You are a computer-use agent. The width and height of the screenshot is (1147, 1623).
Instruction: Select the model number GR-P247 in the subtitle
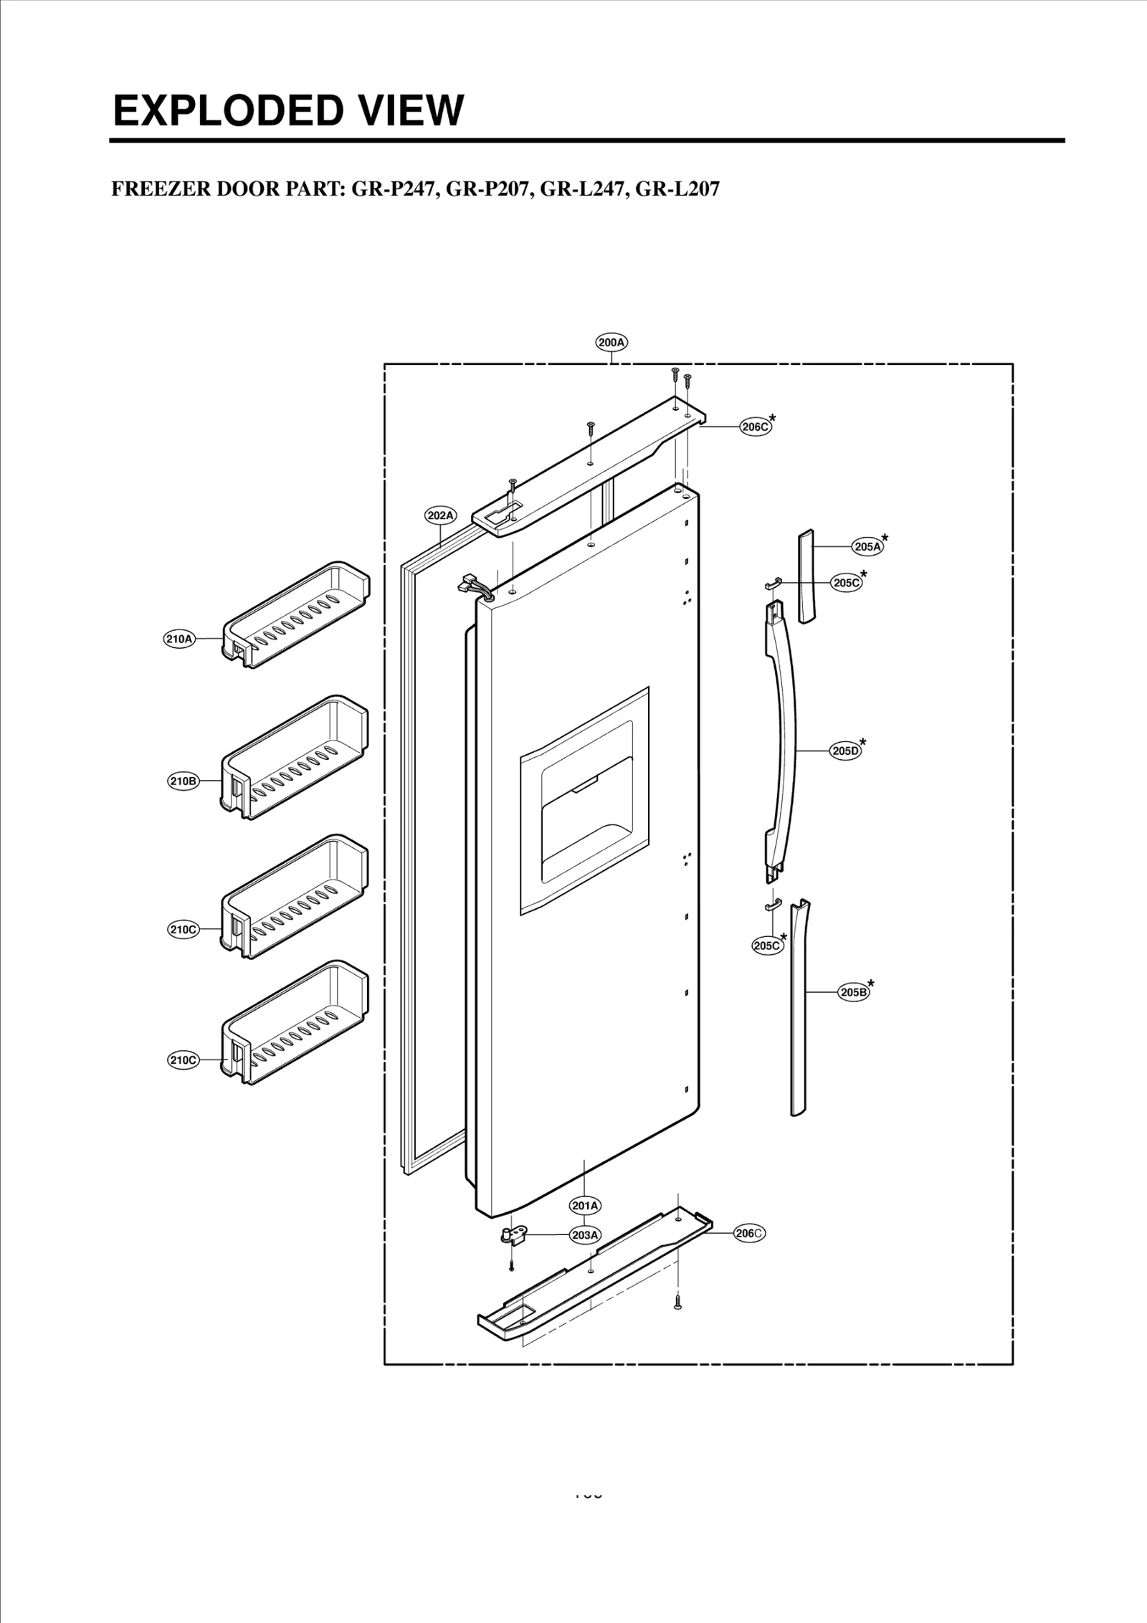(391, 189)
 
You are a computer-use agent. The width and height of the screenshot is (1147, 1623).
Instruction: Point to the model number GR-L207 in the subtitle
(677, 189)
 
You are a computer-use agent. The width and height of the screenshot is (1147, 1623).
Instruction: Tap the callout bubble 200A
(611, 343)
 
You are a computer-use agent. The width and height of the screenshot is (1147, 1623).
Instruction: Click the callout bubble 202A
(440, 515)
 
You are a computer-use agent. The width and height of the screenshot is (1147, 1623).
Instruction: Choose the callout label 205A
(867, 547)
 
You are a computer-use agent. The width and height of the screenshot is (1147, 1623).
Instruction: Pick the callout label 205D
(845, 751)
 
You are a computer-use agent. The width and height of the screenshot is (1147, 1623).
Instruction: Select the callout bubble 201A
(585, 1205)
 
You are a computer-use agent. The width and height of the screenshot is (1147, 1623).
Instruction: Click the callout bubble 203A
(585, 1235)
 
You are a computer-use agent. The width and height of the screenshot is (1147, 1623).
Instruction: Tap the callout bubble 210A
(179, 638)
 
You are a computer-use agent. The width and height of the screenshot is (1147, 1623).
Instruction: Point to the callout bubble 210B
(183, 781)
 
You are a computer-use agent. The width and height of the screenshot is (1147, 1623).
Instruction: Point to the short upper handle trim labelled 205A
(806, 577)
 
